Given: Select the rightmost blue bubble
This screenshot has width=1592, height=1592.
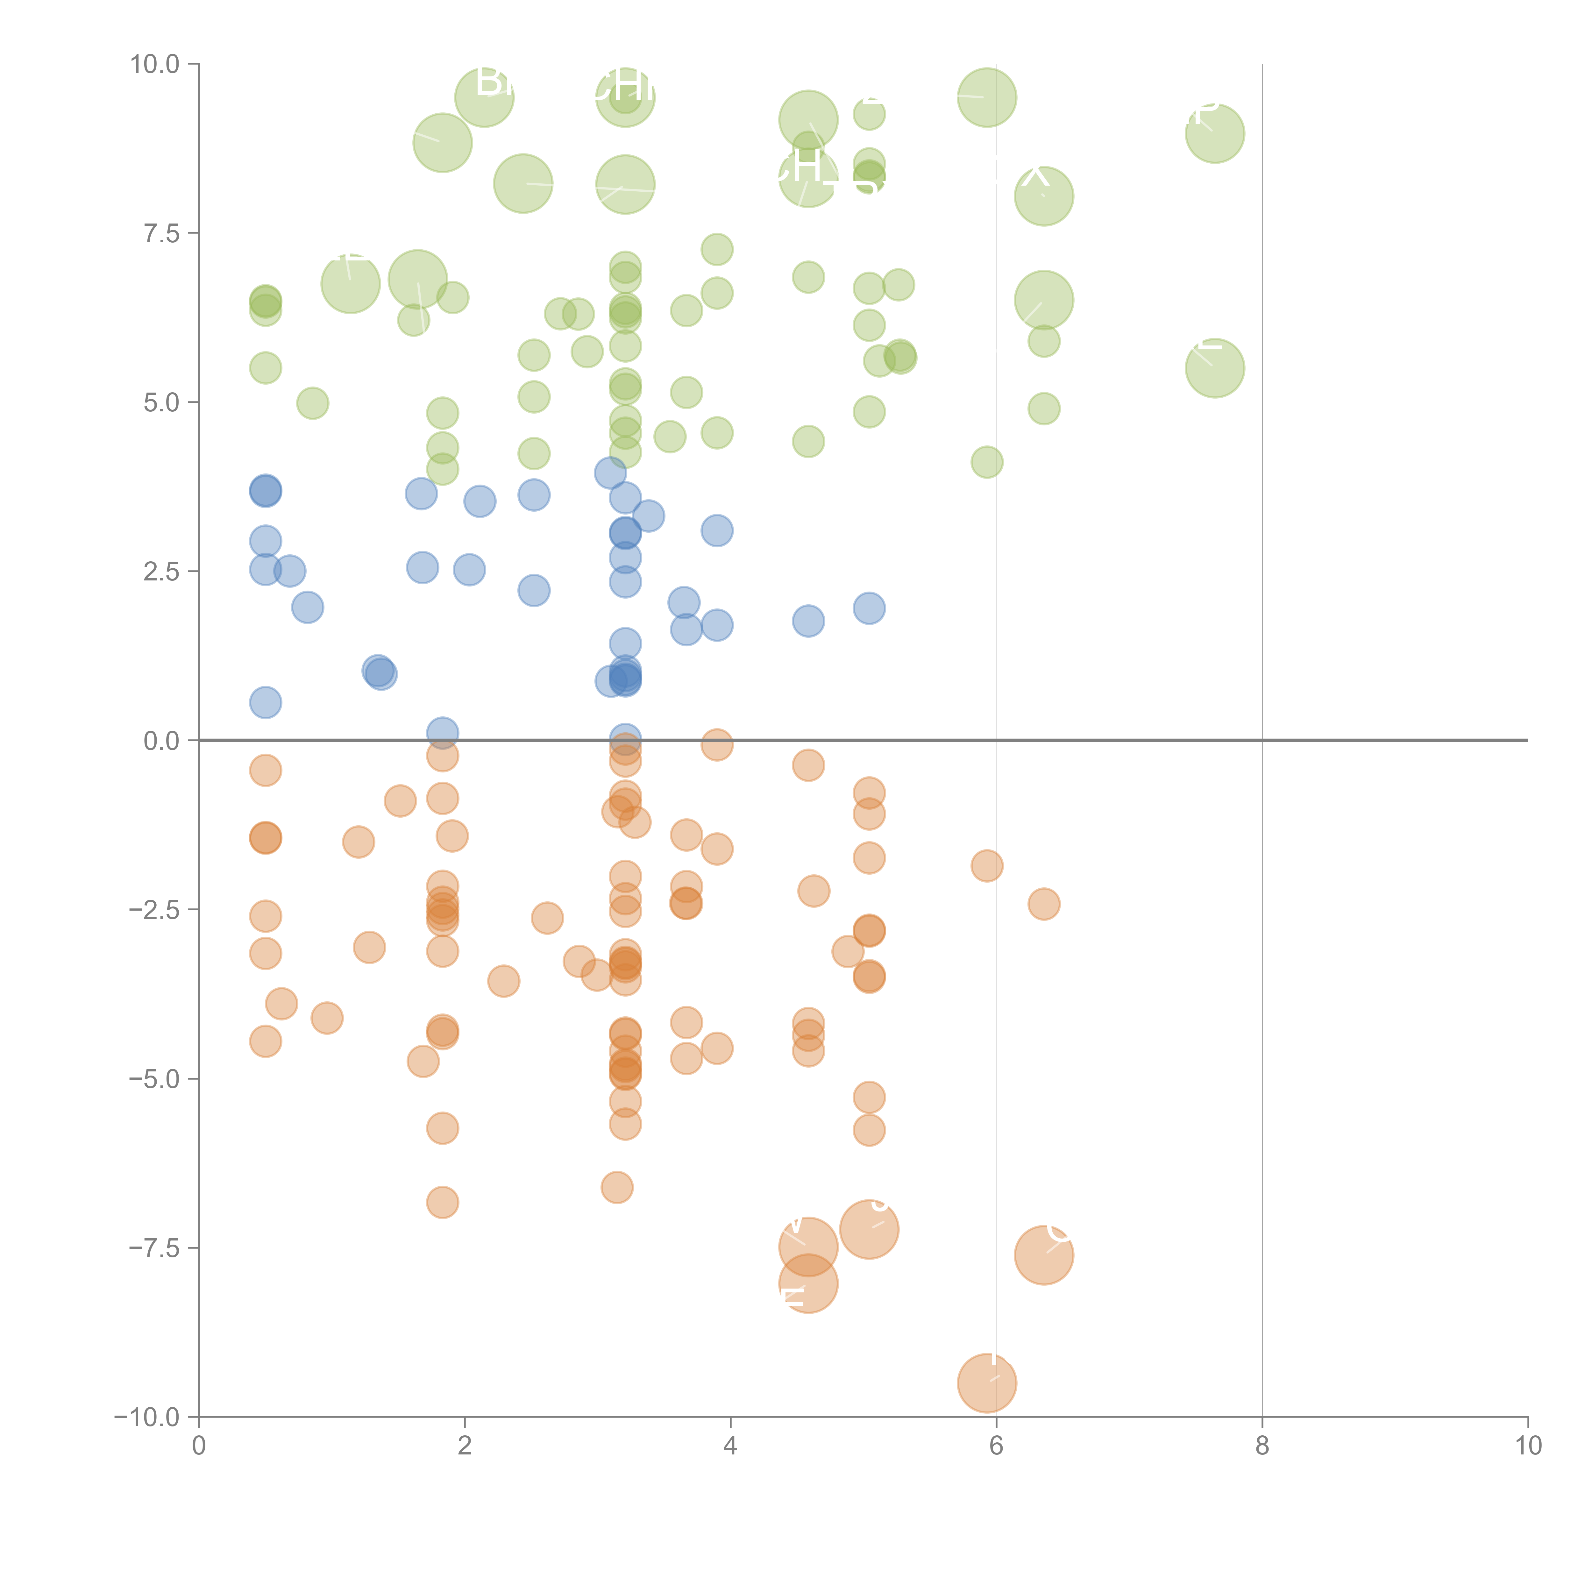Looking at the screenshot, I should (869, 608).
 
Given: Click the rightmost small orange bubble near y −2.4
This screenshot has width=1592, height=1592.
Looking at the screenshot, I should (1043, 904).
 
